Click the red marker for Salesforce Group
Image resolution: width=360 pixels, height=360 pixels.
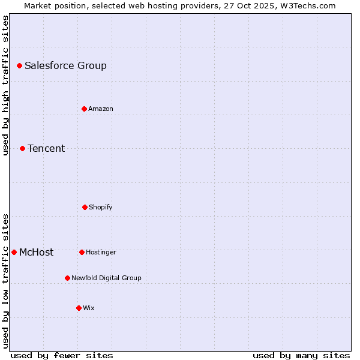(x=19, y=65)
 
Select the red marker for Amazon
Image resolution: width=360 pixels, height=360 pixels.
(x=84, y=109)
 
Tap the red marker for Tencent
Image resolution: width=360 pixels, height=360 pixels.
(x=22, y=148)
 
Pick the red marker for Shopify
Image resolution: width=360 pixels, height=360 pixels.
(x=85, y=207)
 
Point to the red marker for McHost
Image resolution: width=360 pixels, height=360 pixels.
(x=14, y=252)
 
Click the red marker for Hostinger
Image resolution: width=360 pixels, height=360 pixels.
(x=82, y=252)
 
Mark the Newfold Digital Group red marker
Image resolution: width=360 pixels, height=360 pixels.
(x=67, y=278)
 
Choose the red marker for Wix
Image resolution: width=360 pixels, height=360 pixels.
(x=79, y=308)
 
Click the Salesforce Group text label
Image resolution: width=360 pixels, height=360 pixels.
(x=65, y=65)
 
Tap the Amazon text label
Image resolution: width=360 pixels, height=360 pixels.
(x=101, y=109)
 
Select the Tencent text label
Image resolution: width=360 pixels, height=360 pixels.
(x=46, y=148)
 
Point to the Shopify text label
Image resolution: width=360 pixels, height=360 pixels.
(x=101, y=207)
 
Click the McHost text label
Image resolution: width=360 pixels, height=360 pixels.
(x=36, y=252)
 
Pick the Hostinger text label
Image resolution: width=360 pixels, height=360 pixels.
(x=101, y=252)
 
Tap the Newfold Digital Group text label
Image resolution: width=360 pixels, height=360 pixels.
(x=106, y=278)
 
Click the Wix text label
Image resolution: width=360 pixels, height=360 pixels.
(x=89, y=308)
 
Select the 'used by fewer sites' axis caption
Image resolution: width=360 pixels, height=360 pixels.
(x=62, y=355)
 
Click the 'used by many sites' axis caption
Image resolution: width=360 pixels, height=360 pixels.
(x=301, y=355)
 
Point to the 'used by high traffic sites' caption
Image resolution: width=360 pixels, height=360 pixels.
(x=6, y=85)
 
